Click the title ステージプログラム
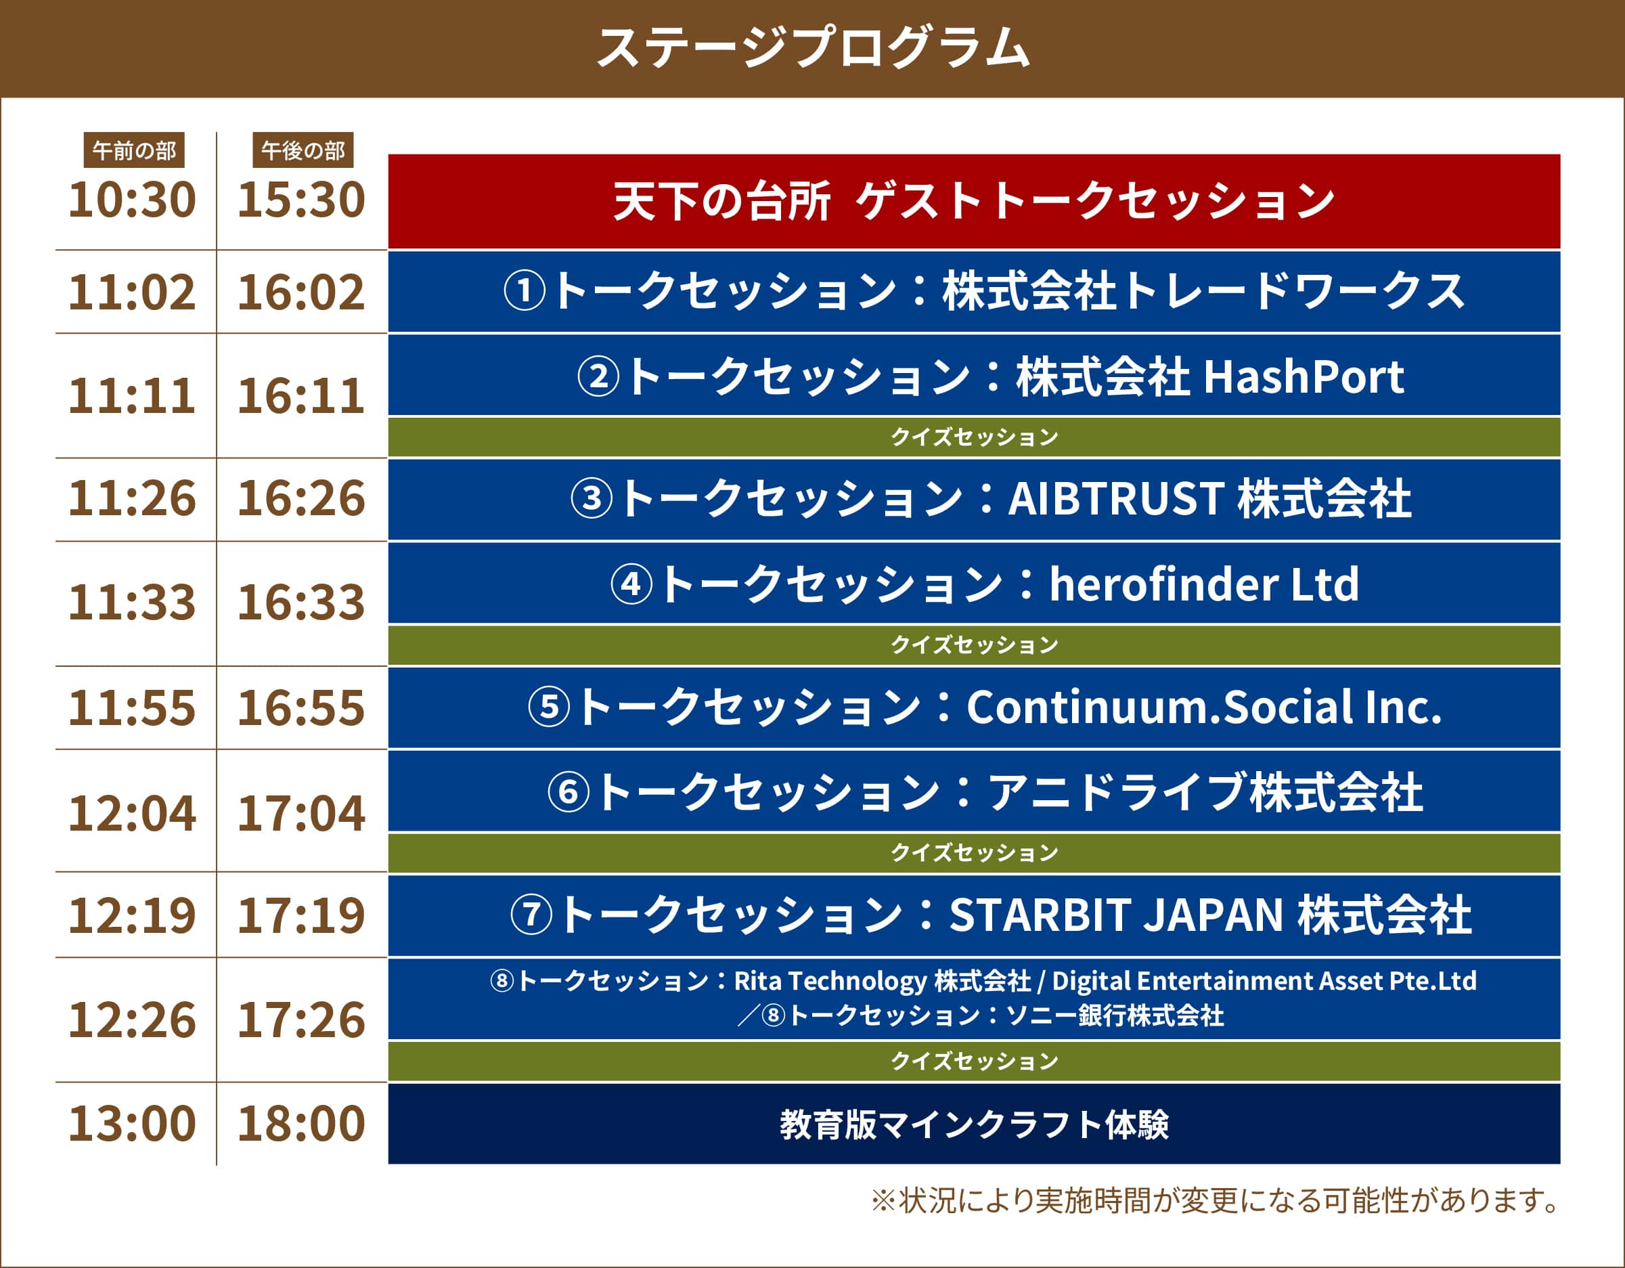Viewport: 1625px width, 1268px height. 812,47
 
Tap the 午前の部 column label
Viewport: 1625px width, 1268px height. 134,151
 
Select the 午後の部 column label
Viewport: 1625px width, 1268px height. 303,151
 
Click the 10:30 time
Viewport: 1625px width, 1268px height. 133,200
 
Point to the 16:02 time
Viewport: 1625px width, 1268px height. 301,292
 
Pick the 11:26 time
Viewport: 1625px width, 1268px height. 133,498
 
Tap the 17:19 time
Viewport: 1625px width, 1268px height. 301,915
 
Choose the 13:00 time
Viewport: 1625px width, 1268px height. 133,1123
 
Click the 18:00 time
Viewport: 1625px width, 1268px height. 301,1123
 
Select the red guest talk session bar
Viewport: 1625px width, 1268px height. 974,201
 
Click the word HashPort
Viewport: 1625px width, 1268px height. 1304,376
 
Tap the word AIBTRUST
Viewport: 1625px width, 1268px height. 1116,498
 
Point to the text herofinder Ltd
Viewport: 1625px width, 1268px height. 1204,584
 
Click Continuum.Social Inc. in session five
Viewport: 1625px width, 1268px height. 1204,707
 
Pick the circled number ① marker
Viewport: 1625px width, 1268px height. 525,291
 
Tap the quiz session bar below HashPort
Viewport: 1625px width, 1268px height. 974,437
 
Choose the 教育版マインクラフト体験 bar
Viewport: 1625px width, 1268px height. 974,1124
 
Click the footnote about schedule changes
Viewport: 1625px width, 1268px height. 1214,1201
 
